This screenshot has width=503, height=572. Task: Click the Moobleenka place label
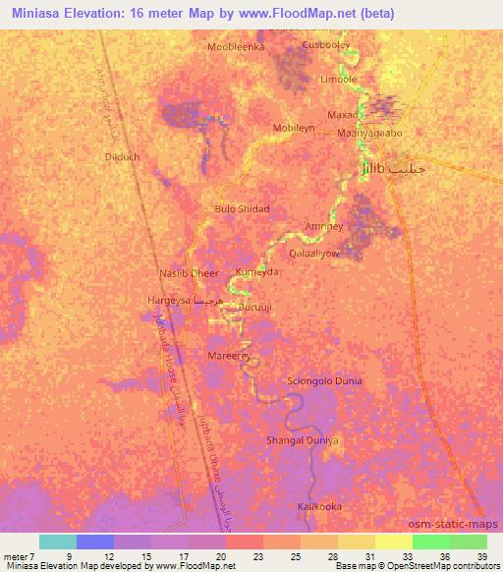point(237,46)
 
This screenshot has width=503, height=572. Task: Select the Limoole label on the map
point(340,80)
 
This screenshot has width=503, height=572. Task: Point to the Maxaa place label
point(357,114)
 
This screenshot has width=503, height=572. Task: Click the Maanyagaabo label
point(370,133)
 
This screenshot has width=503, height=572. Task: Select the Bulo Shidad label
point(242,209)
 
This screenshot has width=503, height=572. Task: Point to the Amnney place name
point(324,225)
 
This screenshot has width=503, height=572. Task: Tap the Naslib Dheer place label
point(189,274)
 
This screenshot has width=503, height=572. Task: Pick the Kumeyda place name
point(256,271)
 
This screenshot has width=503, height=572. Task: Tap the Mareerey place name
point(230,355)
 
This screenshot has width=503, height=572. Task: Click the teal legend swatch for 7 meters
point(57,542)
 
